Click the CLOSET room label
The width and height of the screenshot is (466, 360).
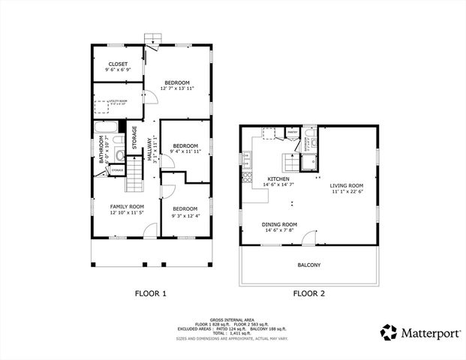118,64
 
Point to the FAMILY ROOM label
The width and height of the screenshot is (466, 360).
127,206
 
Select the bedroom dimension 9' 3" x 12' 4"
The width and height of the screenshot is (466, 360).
185,216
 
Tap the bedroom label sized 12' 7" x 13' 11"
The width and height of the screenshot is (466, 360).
177,82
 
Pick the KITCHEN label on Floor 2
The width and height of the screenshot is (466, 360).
278,178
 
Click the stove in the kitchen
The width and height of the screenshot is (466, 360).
247,178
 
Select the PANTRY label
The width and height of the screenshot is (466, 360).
292,133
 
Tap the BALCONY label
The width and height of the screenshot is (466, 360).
308,265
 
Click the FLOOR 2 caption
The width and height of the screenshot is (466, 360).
308,293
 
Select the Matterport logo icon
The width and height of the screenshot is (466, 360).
388,331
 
